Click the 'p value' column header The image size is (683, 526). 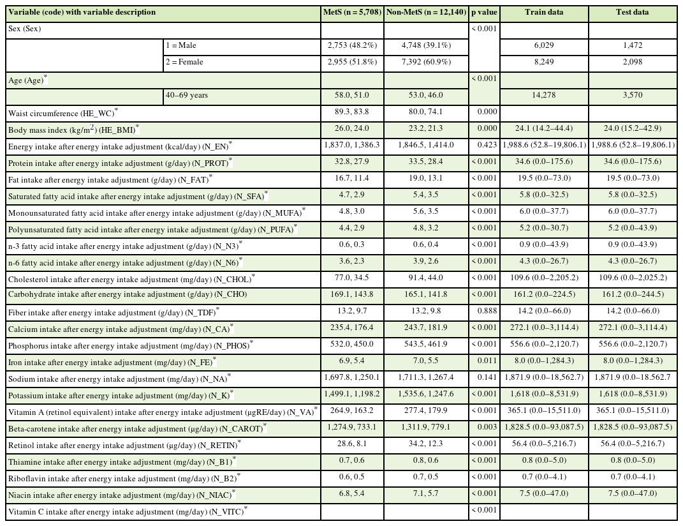(484, 12)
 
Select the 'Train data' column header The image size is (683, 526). (543, 12)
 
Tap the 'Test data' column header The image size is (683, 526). (632, 12)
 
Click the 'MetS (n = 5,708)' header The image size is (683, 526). (351, 12)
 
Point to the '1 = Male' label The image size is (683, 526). (181, 45)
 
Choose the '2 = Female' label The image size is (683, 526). (184, 62)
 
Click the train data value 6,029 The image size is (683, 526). (543, 45)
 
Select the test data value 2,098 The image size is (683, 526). (632, 62)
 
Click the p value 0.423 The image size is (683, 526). (484, 145)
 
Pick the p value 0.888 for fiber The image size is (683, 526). (484, 311)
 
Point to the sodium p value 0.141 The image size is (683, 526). (484, 377)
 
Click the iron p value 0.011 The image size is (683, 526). (484, 361)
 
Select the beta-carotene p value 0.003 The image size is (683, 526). (484, 427)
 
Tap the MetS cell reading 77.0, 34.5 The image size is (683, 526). (351, 278)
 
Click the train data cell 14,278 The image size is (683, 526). (543, 95)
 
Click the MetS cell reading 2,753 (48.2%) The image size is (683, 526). (351, 45)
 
